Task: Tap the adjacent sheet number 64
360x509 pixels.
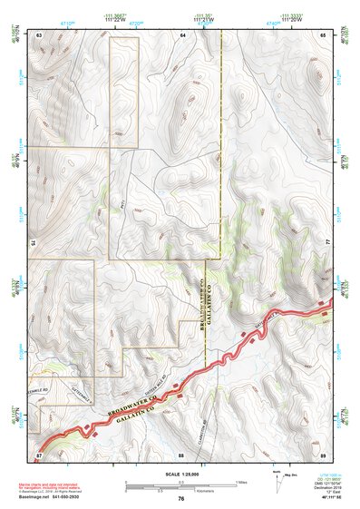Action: [182, 34]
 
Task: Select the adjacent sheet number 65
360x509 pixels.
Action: [323, 34]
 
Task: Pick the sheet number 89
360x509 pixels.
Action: [323, 453]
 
